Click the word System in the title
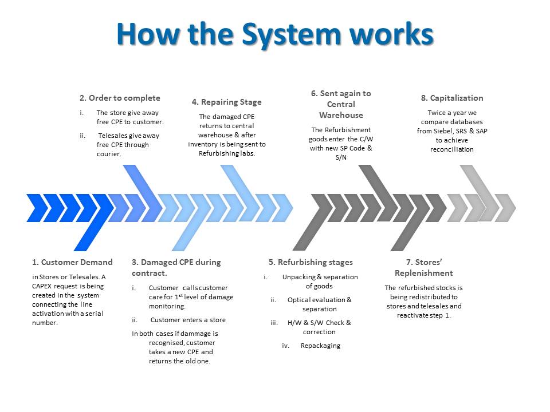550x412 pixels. click(292, 35)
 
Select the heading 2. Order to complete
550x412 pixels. click(120, 98)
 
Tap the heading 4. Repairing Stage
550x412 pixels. click(227, 102)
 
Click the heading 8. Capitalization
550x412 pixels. click(452, 98)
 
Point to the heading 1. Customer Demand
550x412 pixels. click(72, 262)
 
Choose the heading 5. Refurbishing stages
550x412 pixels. click(311, 263)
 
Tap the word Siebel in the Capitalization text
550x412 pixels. click(443, 131)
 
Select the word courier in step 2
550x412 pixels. click(108, 154)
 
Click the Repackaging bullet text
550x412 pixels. click(321, 346)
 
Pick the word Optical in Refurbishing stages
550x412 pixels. click(298, 300)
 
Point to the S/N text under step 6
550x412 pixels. click(341, 157)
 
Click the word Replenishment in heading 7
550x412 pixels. click(424, 274)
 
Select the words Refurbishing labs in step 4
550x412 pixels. click(227, 153)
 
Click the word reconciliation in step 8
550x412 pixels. click(452, 149)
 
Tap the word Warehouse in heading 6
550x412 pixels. click(341, 115)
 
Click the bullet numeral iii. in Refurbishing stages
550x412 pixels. click(274, 323)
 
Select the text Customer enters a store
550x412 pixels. click(188, 320)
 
